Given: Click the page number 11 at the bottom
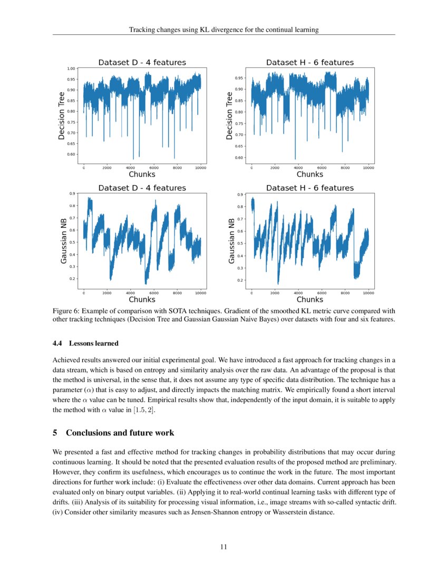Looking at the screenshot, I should [223, 547].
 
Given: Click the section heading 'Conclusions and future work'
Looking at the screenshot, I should [120, 433].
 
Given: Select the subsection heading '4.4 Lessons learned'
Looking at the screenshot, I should [85, 344].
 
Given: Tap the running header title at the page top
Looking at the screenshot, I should [223, 30].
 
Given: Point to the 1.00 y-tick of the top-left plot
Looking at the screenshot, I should [71, 69].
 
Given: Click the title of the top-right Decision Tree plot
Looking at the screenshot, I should [309, 62].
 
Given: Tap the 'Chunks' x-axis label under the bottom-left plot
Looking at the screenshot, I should [142, 299].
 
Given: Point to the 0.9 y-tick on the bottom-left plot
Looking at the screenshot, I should [73, 194].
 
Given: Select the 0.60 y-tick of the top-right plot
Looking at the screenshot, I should [240, 158].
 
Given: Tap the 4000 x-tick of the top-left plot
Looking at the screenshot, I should [130, 168].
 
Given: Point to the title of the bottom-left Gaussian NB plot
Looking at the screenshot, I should [142, 188].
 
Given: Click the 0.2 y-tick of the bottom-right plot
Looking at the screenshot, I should [241, 281].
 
